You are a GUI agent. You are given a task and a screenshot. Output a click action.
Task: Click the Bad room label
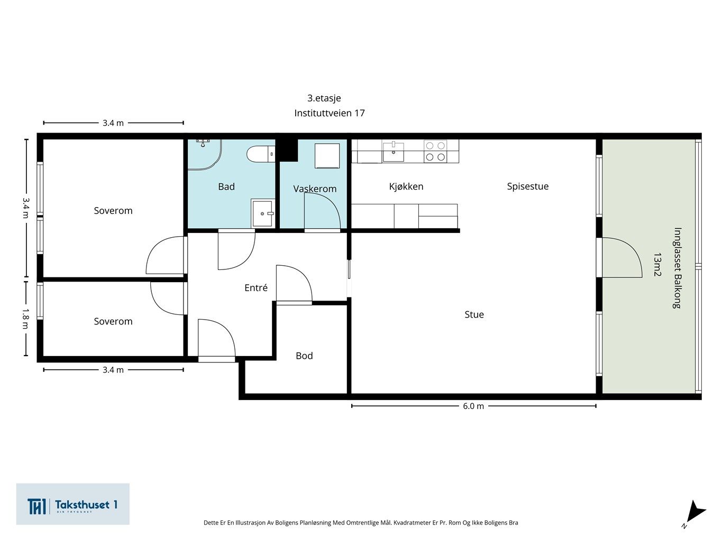pos(226,186)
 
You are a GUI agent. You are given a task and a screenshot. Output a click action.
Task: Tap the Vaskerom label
pos(315,189)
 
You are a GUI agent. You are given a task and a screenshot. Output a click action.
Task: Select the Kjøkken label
pos(406,186)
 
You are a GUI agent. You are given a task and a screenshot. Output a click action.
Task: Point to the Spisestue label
pos(527,186)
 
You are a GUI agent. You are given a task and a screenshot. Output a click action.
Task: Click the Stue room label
pos(474,314)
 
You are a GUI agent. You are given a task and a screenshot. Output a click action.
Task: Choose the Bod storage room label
pos(304,356)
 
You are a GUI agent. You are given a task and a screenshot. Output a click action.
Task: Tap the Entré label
pos(256,288)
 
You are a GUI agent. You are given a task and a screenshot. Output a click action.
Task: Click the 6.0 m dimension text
pos(473,406)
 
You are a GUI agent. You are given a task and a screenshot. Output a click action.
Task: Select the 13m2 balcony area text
pos(657,264)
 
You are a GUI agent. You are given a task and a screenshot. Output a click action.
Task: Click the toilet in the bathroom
pos(261,154)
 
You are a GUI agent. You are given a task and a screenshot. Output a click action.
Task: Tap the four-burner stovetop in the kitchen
pos(435,151)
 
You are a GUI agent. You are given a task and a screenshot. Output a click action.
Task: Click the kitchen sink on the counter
pos(393,151)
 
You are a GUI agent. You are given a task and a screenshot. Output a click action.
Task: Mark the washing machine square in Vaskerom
pos(327,156)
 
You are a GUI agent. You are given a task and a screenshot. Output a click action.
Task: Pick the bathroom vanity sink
pos(263,213)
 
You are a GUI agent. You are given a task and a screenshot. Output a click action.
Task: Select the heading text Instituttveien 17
pos(329,113)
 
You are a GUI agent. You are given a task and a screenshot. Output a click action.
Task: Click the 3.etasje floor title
pos(324,98)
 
